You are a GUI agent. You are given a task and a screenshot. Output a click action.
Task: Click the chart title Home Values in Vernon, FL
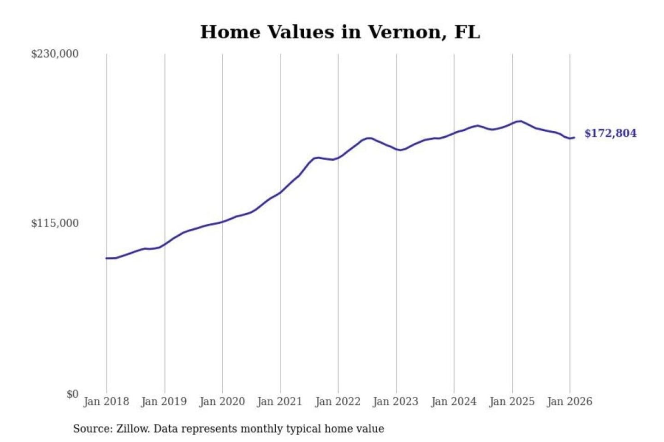[340, 32]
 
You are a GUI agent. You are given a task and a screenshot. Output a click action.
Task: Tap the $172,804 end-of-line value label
[610, 134]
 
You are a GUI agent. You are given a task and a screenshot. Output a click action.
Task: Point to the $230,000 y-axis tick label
[55, 54]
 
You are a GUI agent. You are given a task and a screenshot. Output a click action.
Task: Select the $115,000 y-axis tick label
[55, 223]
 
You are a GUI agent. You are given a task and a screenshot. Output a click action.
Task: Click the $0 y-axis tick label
[72, 394]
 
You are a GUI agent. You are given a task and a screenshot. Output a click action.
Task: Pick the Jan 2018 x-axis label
[106, 401]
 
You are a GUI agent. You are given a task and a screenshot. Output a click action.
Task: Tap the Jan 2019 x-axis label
[164, 401]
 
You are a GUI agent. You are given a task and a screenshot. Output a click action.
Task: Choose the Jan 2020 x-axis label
[222, 401]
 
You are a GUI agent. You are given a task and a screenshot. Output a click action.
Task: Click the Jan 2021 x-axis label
[279, 401]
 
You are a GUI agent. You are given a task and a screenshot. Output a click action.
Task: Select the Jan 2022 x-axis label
[338, 401]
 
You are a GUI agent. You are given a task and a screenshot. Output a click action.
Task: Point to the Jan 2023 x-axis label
[395, 401]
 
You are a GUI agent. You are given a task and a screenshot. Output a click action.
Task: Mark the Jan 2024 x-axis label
[453, 401]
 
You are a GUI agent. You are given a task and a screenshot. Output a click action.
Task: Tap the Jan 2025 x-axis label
[511, 401]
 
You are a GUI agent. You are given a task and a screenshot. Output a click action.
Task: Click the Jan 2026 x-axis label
[569, 401]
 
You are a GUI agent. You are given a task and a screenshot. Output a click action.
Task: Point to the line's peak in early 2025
[520, 121]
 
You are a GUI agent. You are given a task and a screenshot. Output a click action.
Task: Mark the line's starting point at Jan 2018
[107, 258]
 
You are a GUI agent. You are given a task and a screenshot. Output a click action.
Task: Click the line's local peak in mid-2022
[368, 138]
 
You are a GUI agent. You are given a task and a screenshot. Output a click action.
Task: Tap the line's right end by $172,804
[574, 138]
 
